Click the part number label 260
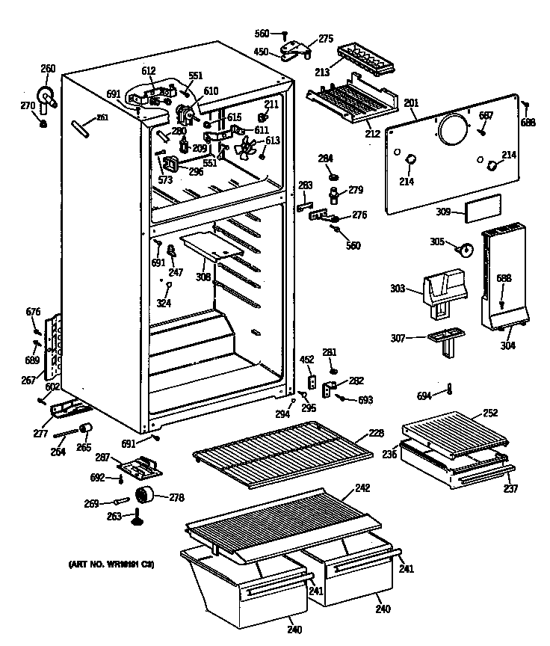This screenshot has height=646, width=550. pos(48,70)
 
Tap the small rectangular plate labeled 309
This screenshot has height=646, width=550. pos(478,212)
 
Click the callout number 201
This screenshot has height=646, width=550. pos(411,103)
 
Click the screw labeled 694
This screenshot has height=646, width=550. pos(450,388)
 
